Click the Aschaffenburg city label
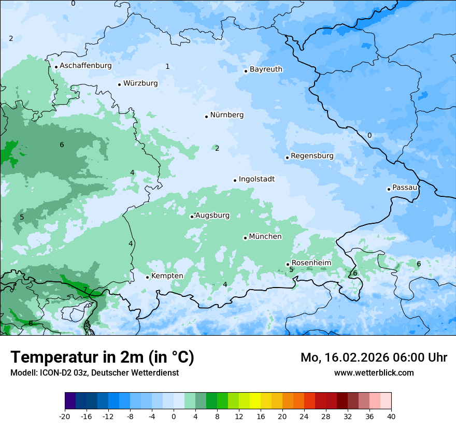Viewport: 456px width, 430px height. pos(85,66)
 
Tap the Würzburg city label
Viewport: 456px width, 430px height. pos(140,83)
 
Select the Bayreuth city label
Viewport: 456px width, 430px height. pos(266,69)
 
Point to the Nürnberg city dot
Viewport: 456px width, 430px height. pos(206,117)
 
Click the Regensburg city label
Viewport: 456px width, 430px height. pos(312,155)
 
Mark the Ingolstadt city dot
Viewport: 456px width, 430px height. pos(235,180)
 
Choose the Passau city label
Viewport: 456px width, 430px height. pos(405,187)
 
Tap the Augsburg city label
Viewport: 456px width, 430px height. pos(212,215)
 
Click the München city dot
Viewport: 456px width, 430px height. pos(245,238)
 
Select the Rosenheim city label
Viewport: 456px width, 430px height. pos(311,263)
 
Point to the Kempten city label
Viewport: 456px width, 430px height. pos(167,276)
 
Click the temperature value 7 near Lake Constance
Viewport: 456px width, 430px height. pos(85,289)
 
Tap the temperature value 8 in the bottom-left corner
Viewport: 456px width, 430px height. pos(31,323)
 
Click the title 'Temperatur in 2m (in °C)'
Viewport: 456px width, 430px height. pos(102,357)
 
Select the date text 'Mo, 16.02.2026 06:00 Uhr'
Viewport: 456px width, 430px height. pos(374,357)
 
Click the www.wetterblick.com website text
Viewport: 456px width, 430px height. pos(374,372)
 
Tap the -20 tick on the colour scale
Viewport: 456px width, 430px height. pos(65,416)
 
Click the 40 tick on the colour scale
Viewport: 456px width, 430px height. pos(391,416)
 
